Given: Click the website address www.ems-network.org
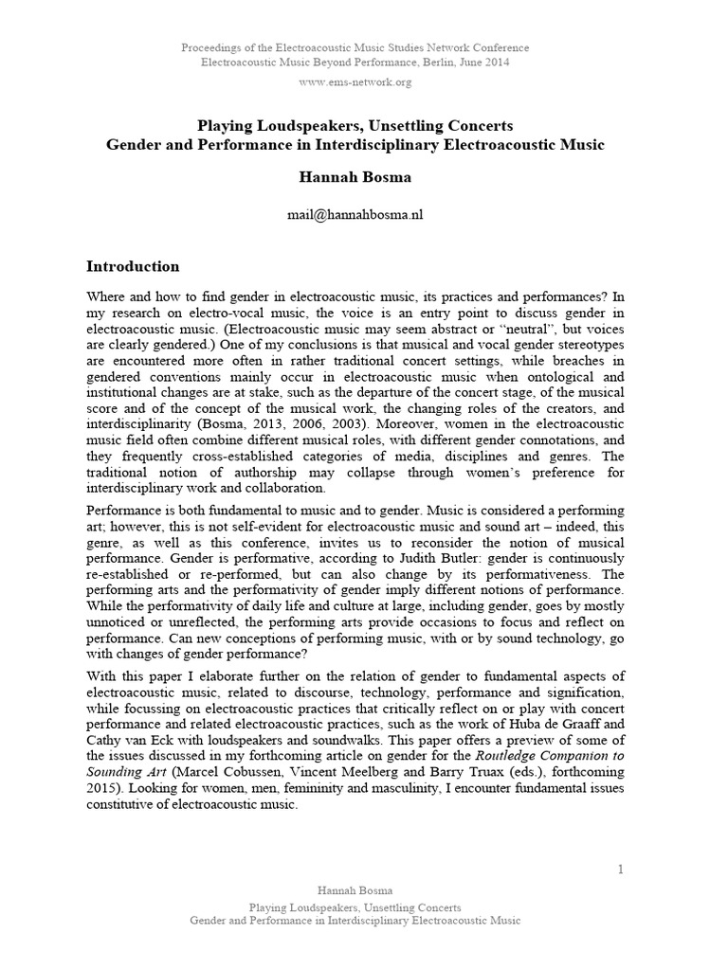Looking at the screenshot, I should coord(355,82).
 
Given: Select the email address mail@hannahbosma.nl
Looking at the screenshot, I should coord(355,215).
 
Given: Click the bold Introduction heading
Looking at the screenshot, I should coord(133,266).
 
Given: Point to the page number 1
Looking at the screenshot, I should coord(620,870).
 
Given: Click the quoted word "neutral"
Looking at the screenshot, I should coord(493,329).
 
